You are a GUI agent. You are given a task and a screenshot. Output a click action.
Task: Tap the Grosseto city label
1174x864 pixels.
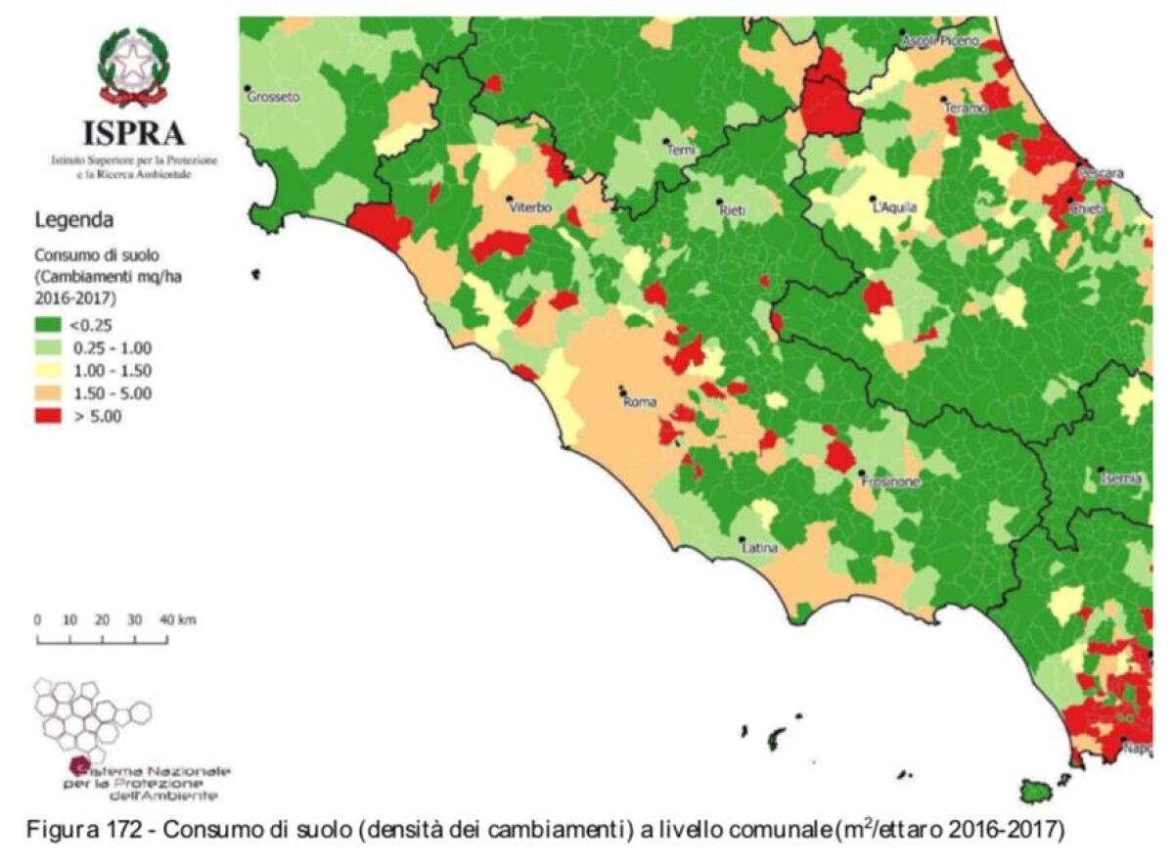273,97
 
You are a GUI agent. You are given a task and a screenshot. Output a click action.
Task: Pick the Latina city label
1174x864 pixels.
760,548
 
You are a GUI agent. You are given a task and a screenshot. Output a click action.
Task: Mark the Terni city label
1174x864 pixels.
680,150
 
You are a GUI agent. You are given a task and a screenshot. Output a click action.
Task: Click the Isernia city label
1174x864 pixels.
1121,478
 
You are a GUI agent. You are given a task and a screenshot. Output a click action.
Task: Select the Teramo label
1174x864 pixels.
965,109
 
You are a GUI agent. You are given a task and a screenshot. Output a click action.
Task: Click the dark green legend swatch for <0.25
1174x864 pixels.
48,325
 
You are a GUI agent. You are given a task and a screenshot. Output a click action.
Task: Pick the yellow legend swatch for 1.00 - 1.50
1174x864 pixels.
48,371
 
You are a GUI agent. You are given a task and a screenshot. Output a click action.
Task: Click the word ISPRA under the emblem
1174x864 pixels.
133,133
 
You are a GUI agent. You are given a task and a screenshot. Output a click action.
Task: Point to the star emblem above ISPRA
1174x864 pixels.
133,66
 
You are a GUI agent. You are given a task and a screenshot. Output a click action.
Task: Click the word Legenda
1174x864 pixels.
74,218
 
